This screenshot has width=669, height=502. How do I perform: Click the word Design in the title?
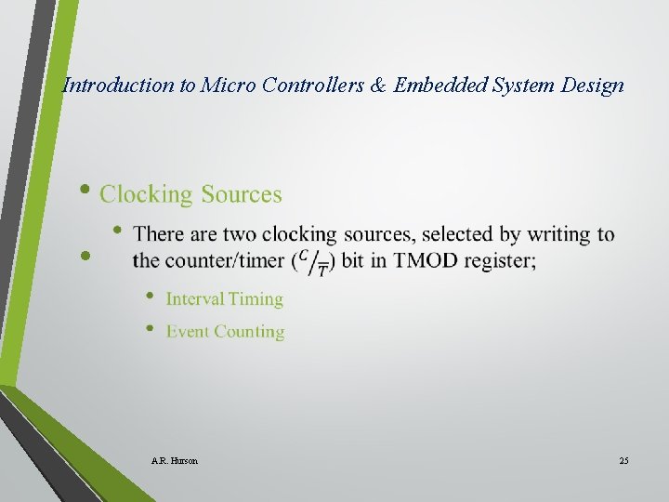pyautogui.click(x=593, y=86)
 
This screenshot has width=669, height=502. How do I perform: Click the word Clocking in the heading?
pyautogui.click(x=145, y=194)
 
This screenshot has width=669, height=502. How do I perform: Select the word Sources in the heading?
pyautogui.click(x=242, y=194)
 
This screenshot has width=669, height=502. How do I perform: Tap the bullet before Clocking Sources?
pyautogui.click(x=85, y=190)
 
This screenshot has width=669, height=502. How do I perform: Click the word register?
pyautogui.click(x=500, y=260)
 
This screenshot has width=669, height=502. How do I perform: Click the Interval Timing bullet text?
pyautogui.click(x=224, y=298)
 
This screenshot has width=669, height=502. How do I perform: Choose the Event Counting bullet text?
pyautogui.click(x=225, y=331)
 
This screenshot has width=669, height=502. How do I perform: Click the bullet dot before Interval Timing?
pyautogui.click(x=150, y=297)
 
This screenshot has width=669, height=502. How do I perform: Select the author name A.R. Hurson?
pyautogui.click(x=174, y=460)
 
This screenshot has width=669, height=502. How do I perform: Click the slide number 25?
pyautogui.click(x=623, y=460)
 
